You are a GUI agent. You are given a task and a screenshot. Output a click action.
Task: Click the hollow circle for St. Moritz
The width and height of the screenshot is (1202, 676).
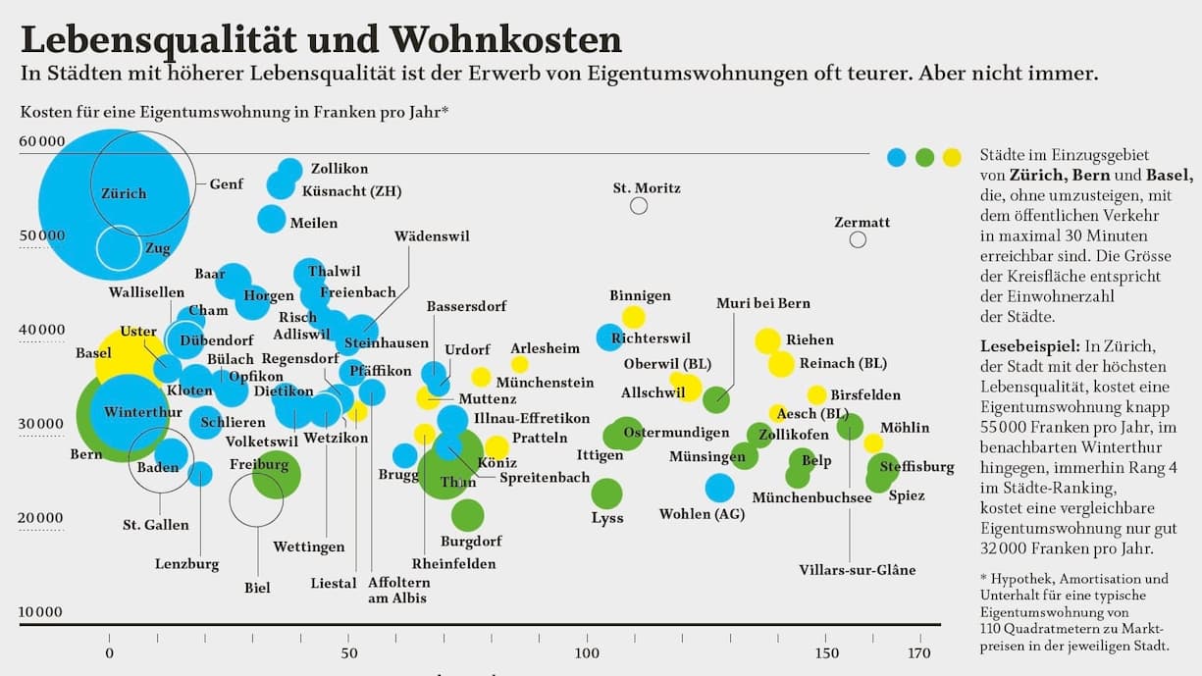(639, 205)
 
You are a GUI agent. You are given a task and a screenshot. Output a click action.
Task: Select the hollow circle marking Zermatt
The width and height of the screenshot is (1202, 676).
(858, 239)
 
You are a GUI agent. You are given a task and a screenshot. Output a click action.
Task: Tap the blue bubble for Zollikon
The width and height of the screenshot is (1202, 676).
(290, 170)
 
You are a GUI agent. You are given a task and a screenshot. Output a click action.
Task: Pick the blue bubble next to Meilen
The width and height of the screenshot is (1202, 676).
(272, 219)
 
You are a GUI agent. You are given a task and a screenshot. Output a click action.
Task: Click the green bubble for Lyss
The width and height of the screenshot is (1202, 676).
(606, 494)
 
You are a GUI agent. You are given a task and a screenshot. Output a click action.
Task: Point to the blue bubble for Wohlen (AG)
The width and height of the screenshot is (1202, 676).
(719, 487)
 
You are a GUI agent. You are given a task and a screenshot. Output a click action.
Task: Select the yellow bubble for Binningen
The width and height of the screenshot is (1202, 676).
(633, 317)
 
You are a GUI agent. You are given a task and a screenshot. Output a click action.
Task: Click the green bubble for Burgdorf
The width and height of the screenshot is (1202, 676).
(468, 514)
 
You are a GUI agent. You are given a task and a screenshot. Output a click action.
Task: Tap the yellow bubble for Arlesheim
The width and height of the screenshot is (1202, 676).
(519, 365)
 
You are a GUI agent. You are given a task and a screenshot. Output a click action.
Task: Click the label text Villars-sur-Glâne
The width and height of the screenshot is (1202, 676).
(857, 570)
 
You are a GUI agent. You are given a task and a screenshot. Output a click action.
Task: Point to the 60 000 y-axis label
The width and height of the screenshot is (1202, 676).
(41, 141)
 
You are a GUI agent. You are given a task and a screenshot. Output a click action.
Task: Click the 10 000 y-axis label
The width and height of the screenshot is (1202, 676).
(41, 612)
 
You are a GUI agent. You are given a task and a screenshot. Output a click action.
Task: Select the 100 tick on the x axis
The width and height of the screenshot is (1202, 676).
(587, 653)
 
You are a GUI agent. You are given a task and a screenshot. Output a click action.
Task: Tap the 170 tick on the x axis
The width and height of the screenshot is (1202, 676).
(918, 653)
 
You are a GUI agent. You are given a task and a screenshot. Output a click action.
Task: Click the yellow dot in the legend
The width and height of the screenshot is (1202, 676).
(951, 156)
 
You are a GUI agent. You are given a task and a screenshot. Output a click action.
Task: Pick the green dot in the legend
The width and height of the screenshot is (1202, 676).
(923, 156)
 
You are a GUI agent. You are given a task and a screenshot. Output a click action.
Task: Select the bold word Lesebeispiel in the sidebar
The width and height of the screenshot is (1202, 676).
(1025, 346)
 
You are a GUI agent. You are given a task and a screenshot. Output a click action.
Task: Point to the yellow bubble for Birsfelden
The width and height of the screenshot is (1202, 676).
(816, 394)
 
